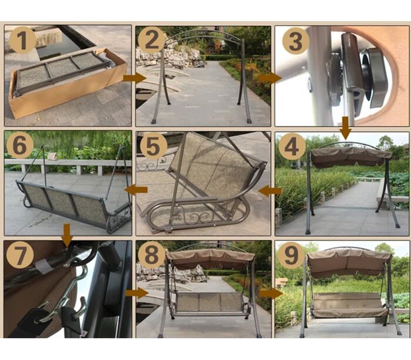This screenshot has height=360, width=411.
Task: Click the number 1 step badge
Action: tap(22, 40)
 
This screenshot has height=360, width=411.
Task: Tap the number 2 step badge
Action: tap(151, 40)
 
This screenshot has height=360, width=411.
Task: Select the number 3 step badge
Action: tap(296, 41)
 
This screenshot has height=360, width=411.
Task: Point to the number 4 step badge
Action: tap(292, 147)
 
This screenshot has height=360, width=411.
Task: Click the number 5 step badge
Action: tap(154, 146)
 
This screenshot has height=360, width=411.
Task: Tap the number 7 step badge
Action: tap(20, 255)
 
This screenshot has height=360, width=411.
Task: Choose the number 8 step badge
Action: tap(151, 255)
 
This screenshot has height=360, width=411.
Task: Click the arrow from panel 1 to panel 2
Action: tap(134, 78)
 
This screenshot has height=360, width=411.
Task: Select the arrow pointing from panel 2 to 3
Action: tap(269, 78)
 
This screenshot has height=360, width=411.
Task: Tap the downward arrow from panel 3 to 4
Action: tap(346, 128)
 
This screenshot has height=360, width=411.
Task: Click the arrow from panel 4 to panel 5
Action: tap(269, 191)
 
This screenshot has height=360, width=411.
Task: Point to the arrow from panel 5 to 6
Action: tap(136, 190)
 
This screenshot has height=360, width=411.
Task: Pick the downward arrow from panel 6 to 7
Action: tap(68, 235)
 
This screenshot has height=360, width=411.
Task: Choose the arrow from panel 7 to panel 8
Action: tap(137, 293)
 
